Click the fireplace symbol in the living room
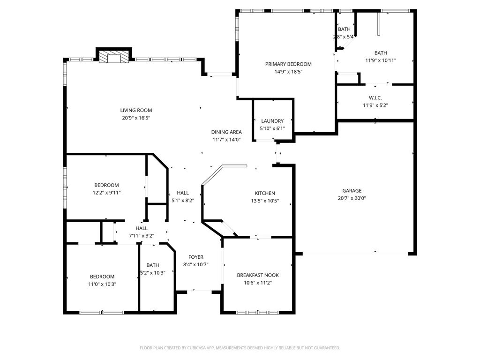(114, 57)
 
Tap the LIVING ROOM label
(136, 111)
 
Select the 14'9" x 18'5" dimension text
(288, 72)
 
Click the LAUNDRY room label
(272, 121)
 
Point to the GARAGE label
(352, 191)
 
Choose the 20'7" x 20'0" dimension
(352, 198)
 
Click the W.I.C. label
(375, 98)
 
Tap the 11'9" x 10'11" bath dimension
(381, 60)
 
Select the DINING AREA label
(226, 132)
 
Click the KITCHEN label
(265, 194)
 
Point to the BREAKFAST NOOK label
(258, 276)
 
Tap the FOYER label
(196, 257)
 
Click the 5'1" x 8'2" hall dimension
(183, 201)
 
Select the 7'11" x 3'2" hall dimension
(142, 236)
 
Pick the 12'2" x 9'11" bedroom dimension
(106, 193)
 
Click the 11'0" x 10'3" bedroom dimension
(102, 285)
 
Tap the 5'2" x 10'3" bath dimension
(153, 273)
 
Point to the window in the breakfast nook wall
(257, 313)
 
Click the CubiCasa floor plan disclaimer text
(240, 348)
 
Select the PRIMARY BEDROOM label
(288, 64)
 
